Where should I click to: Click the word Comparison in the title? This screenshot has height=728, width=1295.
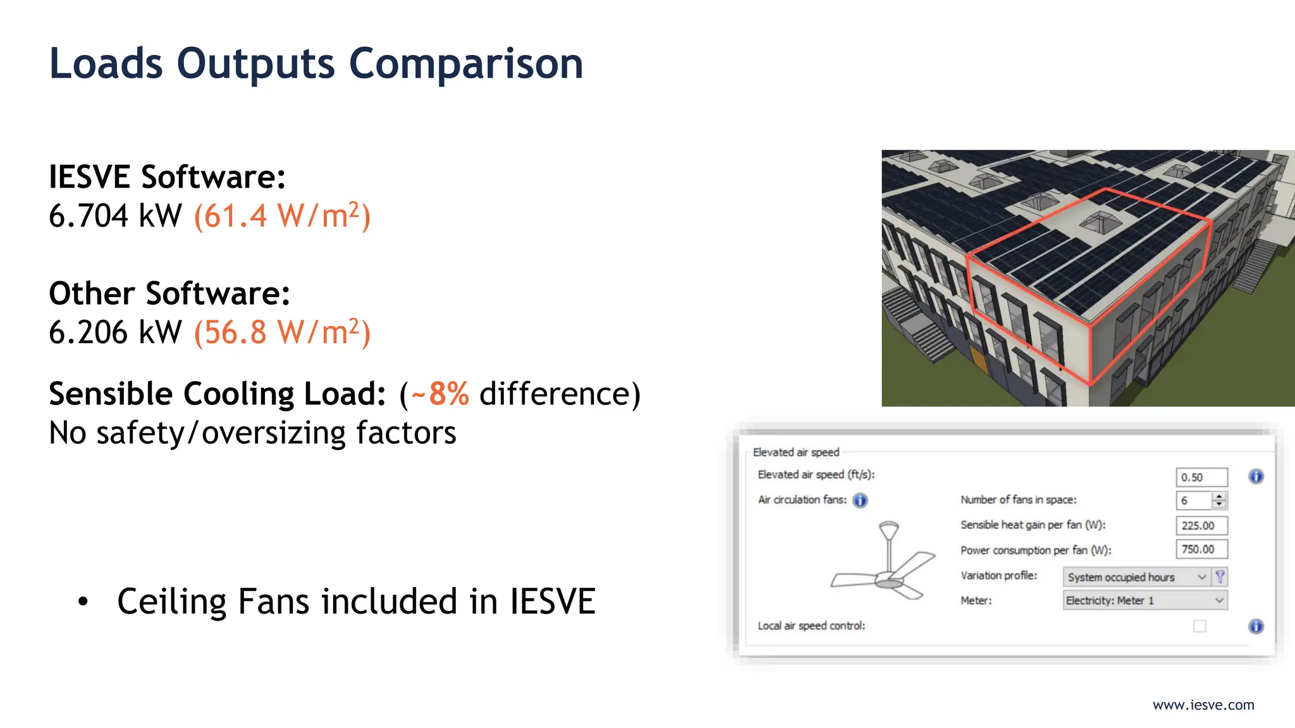[465, 64]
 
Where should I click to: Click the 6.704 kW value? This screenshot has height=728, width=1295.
[115, 216]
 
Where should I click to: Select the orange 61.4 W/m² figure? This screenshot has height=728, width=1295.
[282, 216]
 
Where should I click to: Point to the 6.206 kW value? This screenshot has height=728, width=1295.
[115, 332]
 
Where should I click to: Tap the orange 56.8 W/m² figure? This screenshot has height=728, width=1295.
[282, 332]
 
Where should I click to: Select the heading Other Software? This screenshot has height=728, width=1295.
[169, 294]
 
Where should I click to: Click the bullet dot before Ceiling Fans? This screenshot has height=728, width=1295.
[83, 602]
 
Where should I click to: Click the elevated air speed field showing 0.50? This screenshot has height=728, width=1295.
[1201, 477]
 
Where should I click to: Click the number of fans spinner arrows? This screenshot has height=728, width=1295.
[1220, 500]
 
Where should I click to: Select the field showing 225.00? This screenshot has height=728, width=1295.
[1201, 526]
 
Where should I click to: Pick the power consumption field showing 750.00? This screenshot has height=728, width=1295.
[1201, 550]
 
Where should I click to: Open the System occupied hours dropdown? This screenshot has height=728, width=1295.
[1136, 577]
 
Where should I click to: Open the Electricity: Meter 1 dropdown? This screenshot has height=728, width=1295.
[1145, 600]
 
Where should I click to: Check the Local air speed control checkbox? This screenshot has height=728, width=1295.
[1200, 626]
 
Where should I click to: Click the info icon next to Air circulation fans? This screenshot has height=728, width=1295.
[860, 500]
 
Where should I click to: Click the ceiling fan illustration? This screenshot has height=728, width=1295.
[885, 562]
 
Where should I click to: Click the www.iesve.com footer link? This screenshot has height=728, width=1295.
[1203, 705]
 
